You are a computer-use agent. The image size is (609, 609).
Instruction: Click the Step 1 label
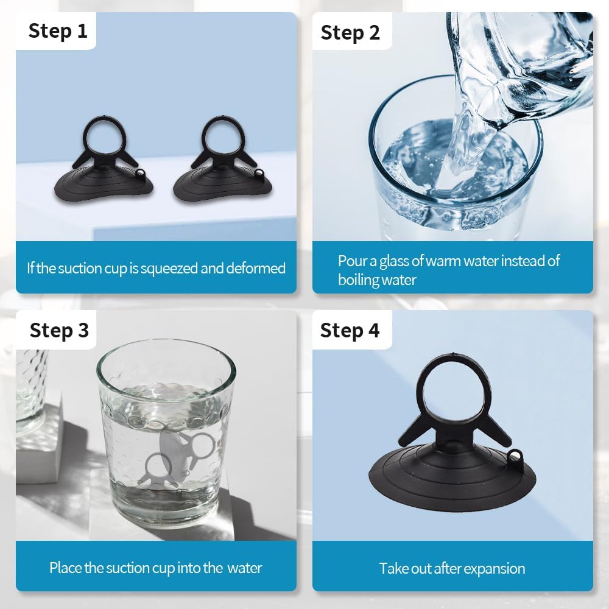[x=58, y=31]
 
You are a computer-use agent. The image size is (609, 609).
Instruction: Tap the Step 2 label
[x=350, y=33]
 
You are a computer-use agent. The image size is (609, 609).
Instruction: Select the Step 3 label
[x=59, y=331]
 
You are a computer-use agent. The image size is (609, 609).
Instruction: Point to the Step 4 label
[x=350, y=331]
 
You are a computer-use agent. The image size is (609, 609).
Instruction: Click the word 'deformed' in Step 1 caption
[x=256, y=268]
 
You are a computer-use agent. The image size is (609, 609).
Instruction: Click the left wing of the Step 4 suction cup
[x=413, y=431]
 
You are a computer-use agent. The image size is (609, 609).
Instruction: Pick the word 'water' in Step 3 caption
[x=244, y=568]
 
